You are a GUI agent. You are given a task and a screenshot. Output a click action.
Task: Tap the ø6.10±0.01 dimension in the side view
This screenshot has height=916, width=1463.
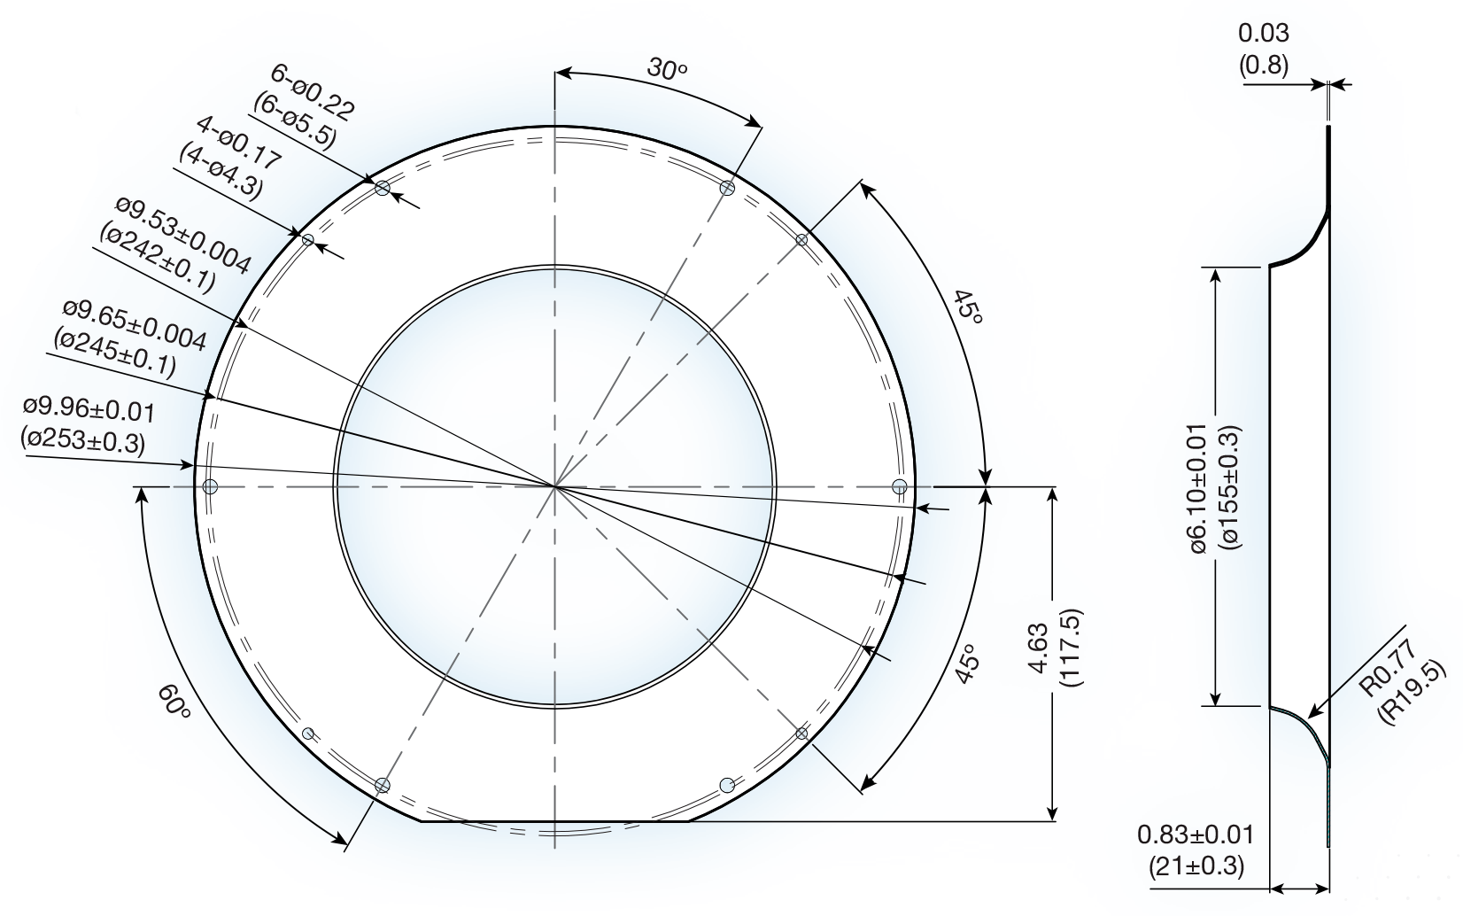click(1213, 488)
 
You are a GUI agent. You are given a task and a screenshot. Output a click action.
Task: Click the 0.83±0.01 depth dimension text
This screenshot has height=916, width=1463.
click(1196, 849)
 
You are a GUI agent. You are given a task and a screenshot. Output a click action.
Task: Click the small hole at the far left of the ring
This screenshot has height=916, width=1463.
click(210, 485)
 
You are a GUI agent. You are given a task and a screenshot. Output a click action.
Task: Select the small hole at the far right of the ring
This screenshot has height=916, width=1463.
click(899, 485)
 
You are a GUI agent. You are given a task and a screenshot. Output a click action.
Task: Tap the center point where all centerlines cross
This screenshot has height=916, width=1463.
click(554, 485)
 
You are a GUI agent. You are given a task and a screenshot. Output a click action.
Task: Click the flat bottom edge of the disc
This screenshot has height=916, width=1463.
click(554, 821)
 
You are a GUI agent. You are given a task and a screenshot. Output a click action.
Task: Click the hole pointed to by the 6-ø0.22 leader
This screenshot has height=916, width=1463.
click(383, 188)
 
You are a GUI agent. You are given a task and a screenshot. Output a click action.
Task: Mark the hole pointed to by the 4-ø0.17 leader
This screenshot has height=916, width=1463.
click(308, 239)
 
